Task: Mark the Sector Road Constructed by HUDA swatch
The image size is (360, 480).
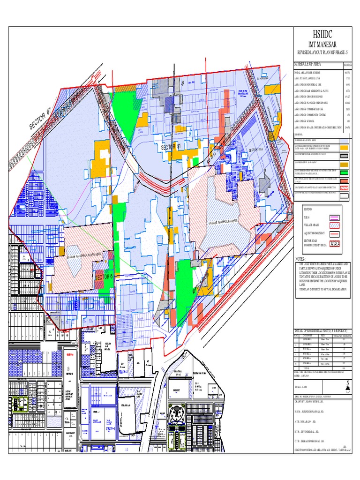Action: coord(335,244)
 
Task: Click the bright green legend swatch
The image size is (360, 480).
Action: coord(344,173)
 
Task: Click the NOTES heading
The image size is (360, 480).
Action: coord(300,259)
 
